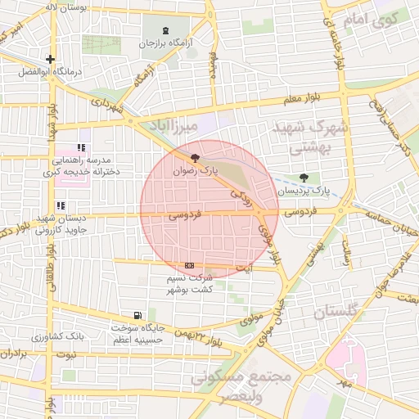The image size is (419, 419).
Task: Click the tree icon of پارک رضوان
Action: [x=194, y=158]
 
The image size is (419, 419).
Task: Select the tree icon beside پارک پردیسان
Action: [x=304, y=178]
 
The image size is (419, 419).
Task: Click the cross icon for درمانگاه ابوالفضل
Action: [x=52, y=59]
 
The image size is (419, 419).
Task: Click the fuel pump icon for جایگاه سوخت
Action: [x=137, y=315]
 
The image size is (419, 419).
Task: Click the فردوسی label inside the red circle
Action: [x=184, y=216]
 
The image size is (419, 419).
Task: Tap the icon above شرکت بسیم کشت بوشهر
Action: [x=190, y=265]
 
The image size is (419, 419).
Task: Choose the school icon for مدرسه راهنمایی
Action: [x=80, y=147]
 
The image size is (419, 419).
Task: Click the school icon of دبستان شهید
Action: [x=59, y=206]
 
